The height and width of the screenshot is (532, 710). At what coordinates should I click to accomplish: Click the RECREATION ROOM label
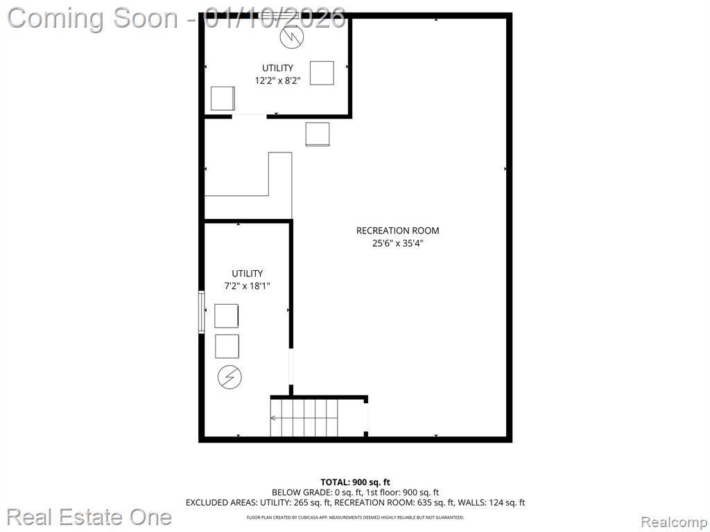point(397,231)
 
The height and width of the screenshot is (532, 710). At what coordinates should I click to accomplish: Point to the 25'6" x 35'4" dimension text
point(397,243)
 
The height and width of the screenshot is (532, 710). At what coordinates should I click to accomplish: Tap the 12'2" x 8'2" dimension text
point(277,80)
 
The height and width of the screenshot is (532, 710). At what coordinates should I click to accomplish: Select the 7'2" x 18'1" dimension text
point(248,286)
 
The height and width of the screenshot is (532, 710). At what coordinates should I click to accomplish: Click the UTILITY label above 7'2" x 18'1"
point(248,273)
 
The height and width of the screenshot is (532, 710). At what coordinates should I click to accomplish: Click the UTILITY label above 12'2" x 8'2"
point(277,68)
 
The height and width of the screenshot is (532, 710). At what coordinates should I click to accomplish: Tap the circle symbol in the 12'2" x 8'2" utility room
point(292,37)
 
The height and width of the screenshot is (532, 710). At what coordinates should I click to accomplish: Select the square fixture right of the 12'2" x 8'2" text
point(322,73)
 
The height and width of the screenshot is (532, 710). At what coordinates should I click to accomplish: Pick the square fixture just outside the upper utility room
point(318,134)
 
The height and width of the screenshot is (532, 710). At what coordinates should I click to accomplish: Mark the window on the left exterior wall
point(202,312)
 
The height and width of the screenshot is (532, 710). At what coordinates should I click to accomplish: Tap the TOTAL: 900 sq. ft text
point(355,482)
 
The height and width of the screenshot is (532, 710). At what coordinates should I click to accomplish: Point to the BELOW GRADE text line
point(355,493)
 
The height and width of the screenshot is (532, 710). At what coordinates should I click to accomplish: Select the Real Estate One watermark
point(89,517)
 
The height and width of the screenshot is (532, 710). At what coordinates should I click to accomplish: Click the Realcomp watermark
point(675,522)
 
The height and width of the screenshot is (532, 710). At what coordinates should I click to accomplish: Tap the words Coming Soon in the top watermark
point(93,19)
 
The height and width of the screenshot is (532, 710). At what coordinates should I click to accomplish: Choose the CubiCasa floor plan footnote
point(355,517)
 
